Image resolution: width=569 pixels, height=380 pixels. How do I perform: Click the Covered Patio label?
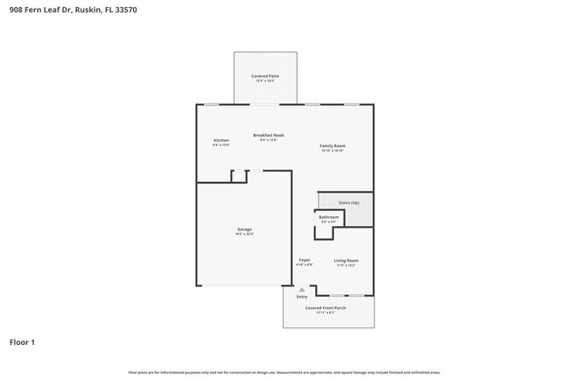point(264,76)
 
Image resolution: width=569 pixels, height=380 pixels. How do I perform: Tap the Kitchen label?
point(221,140)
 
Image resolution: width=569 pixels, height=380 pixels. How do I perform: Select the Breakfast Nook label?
point(268,135)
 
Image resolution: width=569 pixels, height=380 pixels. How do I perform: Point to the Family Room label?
point(332,145)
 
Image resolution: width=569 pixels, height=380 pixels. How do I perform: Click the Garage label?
point(243,229)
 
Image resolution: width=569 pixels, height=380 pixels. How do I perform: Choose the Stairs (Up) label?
point(348,202)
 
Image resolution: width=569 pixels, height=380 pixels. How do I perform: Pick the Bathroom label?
point(328,217)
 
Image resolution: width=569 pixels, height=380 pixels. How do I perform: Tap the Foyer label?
point(305,259)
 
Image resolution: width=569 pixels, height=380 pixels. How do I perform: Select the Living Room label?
point(346,260)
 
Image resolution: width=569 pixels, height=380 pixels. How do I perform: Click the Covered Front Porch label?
point(325,308)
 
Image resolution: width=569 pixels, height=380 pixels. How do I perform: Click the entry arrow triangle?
point(302,289)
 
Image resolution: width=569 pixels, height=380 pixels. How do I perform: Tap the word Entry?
point(302,297)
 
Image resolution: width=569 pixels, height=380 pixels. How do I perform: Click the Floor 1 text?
point(22,341)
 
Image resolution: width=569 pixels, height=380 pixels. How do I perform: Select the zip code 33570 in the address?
point(126,10)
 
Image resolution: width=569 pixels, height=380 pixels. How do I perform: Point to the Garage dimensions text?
point(243,234)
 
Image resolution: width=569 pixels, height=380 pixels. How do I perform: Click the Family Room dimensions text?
point(332,150)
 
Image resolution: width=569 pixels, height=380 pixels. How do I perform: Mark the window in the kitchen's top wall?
point(212,104)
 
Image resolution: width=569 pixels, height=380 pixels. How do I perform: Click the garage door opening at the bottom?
point(243,285)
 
